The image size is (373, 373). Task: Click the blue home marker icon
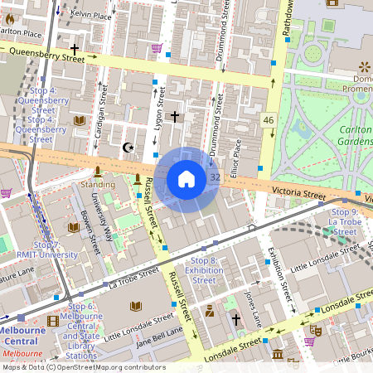(x=186, y=179)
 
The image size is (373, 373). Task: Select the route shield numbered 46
(x=268, y=121)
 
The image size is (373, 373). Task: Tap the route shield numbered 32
(x=215, y=177)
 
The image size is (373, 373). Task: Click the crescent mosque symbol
(x=128, y=148)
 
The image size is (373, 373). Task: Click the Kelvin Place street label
(x=91, y=14)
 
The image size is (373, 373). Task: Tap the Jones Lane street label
(x=254, y=308)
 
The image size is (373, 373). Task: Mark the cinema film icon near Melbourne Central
(x=53, y=321)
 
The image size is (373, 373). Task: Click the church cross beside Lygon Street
(x=174, y=117)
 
